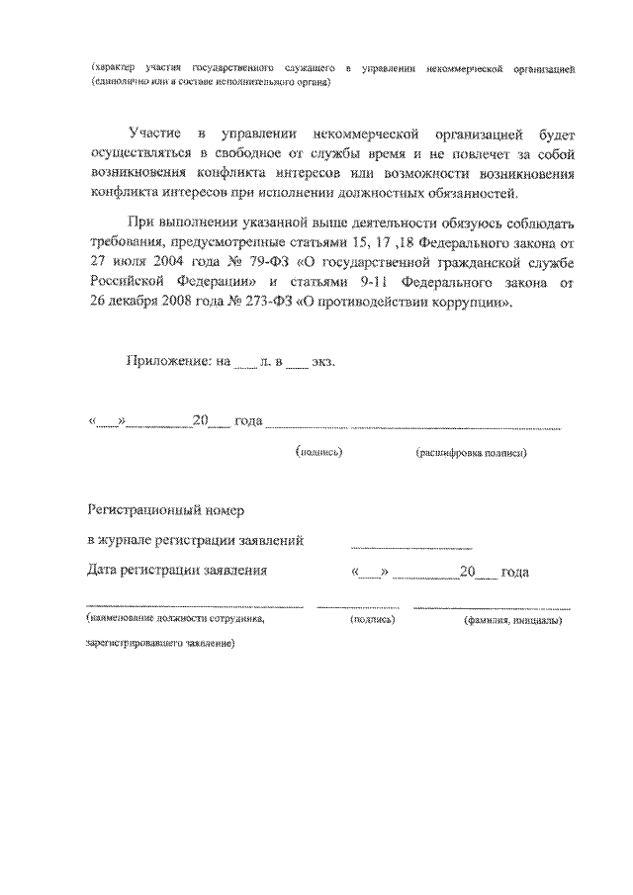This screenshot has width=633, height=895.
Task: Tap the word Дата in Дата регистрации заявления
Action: click(105, 571)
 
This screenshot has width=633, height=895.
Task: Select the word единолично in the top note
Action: click(120, 82)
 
